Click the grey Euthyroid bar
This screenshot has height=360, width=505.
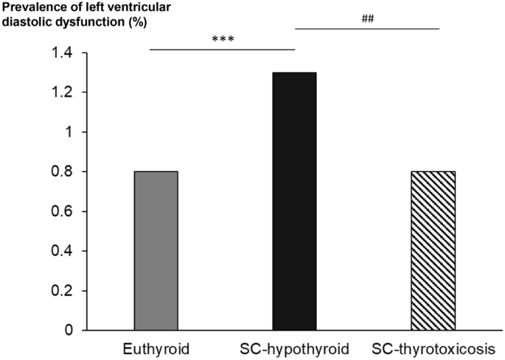point(156,251)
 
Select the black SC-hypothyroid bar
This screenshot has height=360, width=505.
point(294,201)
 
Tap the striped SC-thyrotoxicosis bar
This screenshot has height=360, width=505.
point(433,251)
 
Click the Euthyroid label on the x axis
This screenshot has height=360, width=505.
point(156,347)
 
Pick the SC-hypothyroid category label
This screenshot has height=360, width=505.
point(294,347)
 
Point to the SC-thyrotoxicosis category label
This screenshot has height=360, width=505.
point(433,347)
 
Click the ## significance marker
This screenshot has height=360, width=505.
point(369,18)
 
